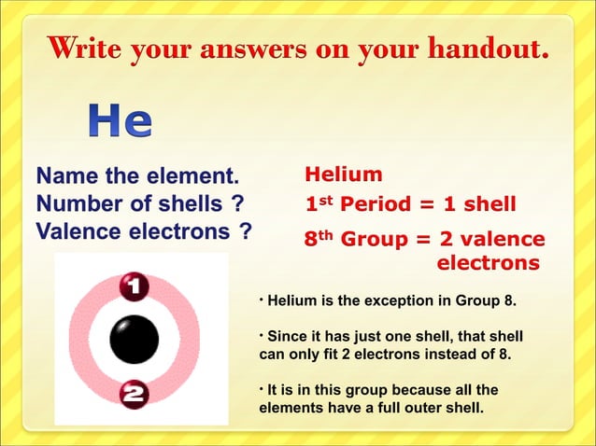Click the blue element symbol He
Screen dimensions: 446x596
click(121, 121)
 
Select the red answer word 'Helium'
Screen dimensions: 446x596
click(344, 174)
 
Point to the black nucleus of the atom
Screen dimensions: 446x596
click(135, 341)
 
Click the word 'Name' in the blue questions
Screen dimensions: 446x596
click(64, 175)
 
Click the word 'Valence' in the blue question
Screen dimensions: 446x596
click(74, 230)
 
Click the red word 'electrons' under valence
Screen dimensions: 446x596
click(489, 263)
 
